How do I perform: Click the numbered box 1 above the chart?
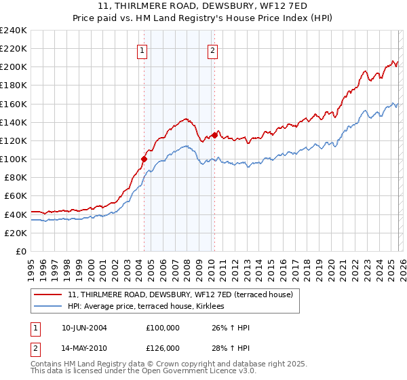[142, 50]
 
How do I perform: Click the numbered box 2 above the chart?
[212, 50]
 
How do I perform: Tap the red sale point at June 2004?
[144, 159]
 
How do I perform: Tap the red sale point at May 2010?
[214, 135]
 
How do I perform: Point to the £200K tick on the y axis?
[14, 67]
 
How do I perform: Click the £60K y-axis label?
[16, 195]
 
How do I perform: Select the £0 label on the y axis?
[20, 251]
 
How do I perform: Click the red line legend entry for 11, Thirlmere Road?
[180, 295]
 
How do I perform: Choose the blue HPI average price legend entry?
[150, 307]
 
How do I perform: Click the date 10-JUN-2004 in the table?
[84, 328]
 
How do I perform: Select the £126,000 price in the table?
[162, 347]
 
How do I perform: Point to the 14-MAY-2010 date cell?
[84, 347]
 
